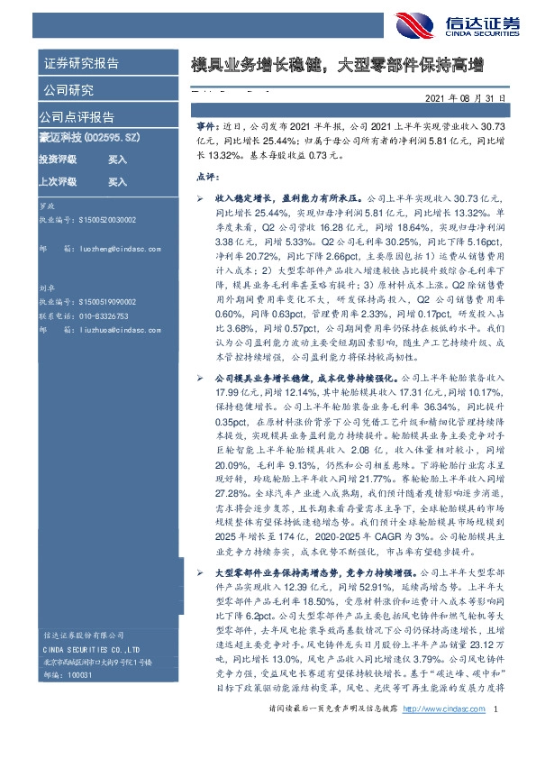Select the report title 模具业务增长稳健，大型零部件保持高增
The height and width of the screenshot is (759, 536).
click(337, 66)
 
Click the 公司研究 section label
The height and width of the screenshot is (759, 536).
click(68, 90)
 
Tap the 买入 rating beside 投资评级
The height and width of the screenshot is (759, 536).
click(117, 160)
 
